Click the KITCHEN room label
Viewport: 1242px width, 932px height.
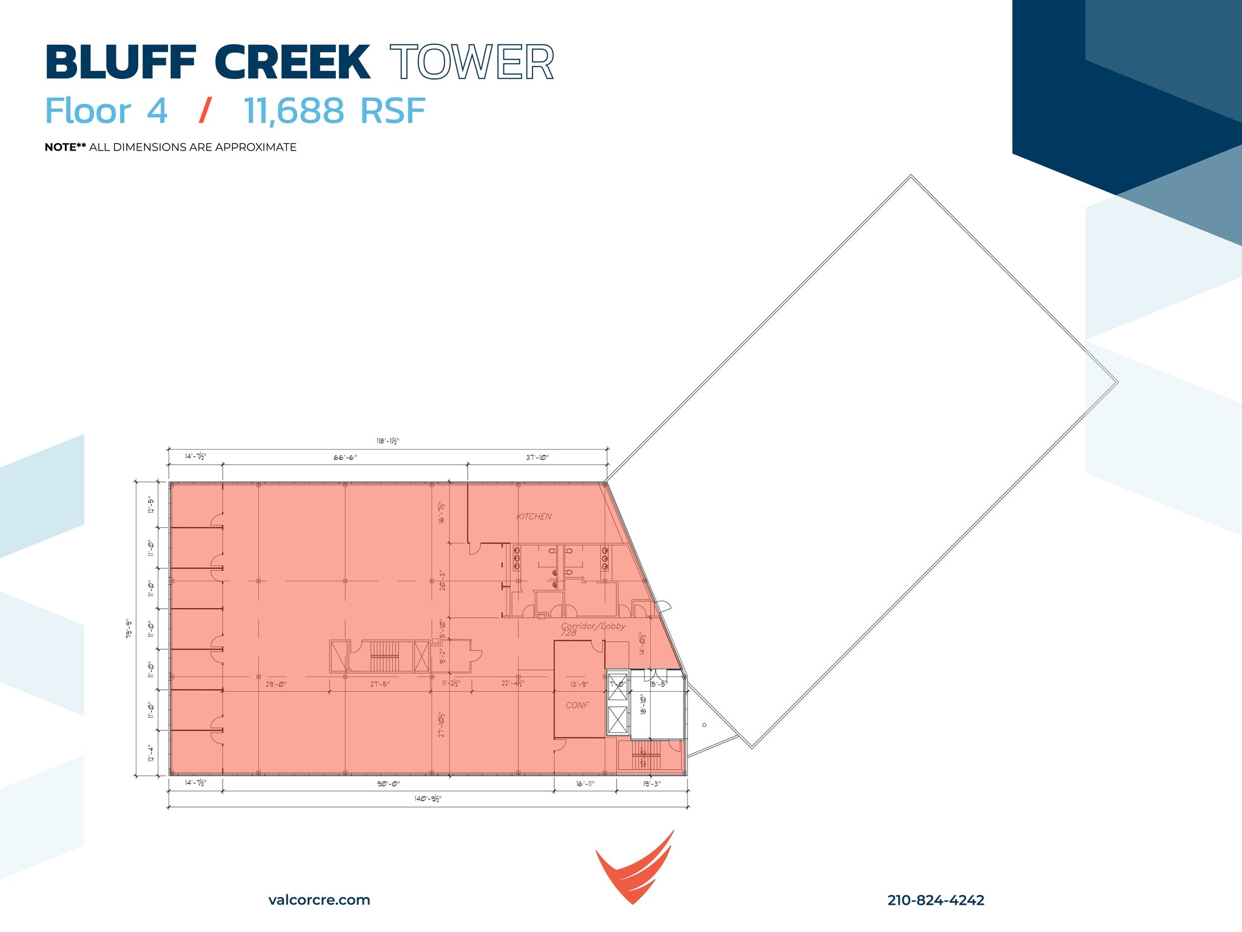534,516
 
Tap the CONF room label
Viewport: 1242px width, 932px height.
577,705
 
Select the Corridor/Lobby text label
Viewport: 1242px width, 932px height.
592,626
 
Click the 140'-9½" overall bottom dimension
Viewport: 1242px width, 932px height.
428,799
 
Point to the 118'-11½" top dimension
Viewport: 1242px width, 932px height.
388,441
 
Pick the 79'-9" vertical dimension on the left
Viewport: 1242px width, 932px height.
128,629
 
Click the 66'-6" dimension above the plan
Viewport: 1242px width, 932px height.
345,458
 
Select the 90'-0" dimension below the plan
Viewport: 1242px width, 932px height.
388,783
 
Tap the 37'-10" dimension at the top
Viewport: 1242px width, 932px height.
537,458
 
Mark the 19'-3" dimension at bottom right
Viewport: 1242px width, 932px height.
652,783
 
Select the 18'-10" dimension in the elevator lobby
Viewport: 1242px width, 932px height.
643,704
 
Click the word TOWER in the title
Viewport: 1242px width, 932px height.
472,62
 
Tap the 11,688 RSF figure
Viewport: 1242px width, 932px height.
334,111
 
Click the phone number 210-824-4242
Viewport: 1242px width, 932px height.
935,900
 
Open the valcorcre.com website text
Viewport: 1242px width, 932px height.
319,900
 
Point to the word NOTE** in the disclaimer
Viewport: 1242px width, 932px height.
65,147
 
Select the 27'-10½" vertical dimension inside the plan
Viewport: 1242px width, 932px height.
442,724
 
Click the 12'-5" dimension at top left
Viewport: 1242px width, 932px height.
150,505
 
